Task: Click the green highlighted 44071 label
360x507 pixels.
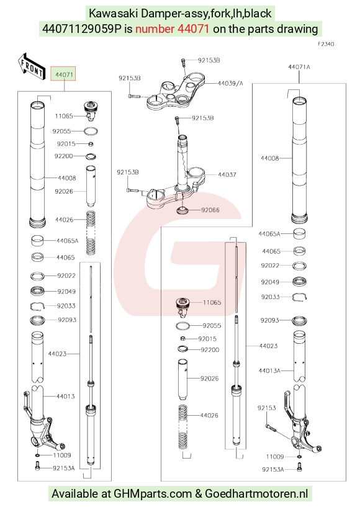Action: click(x=64, y=74)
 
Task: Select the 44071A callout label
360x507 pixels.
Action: click(x=299, y=67)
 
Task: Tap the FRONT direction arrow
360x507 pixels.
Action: click(x=31, y=67)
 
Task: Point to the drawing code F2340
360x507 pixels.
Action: click(x=325, y=44)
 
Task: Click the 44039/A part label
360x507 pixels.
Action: click(x=230, y=83)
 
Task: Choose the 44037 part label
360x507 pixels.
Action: click(x=227, y=174)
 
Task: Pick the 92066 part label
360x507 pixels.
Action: click(x=210, y=210)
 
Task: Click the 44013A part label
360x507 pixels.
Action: click(x=269, y=370)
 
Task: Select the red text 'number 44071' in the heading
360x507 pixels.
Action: click(x=172, y=29)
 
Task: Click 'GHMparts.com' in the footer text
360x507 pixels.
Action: click(x=153, y=494)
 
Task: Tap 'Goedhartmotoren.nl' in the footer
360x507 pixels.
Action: click(x=256, y=494)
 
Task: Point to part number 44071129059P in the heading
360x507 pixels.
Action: click(x=82, y=29)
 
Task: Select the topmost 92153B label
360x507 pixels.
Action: click(x=209, y=60)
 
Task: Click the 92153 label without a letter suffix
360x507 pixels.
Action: click(x=266, y=408)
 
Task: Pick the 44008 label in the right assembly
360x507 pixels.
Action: click(x=270, y=158)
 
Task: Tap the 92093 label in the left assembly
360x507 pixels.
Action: click(x=67, y=320)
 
